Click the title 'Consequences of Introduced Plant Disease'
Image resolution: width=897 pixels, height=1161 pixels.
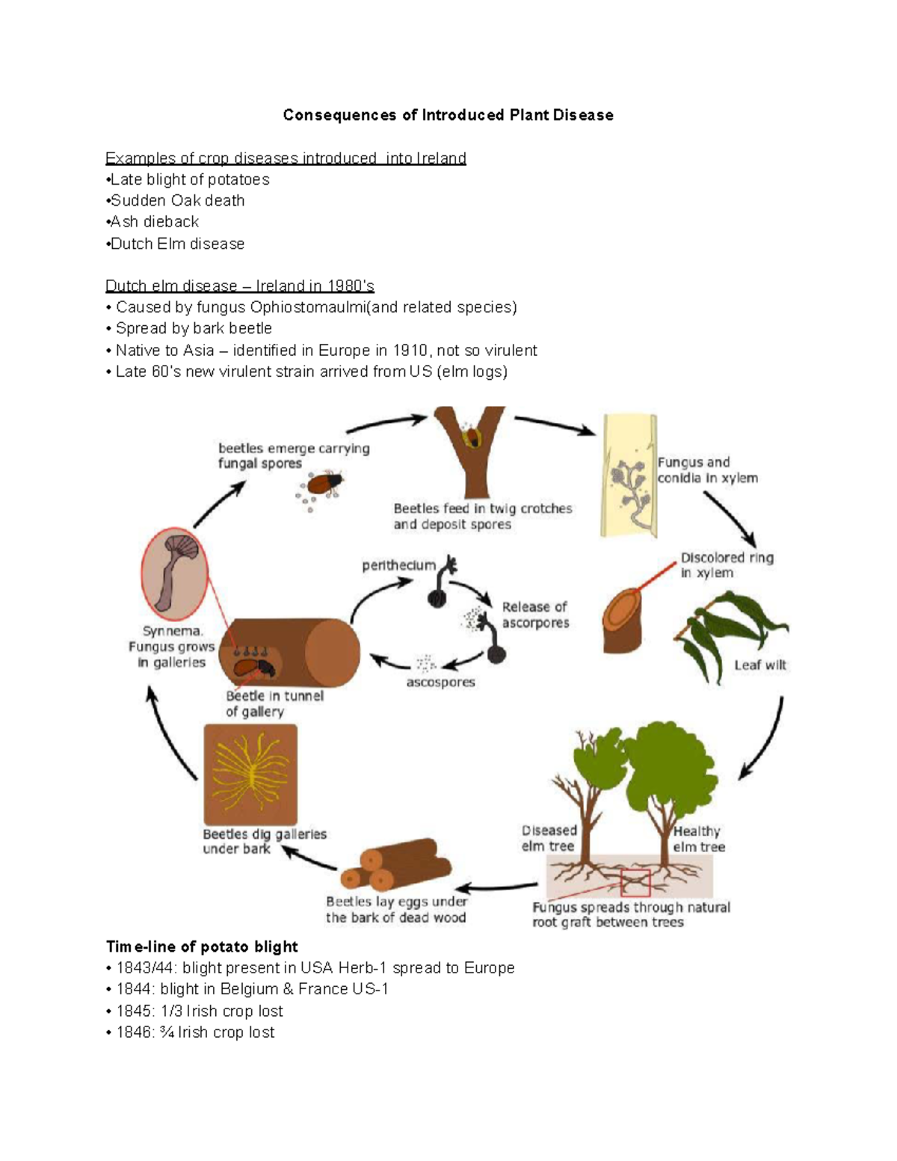(x=448, y=115)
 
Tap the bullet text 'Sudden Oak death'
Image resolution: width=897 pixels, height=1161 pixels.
(x=178, y=200)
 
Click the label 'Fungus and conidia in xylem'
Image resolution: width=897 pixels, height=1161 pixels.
(x=707, y=470)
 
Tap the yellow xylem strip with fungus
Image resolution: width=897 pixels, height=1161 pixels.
(x=629, y=476)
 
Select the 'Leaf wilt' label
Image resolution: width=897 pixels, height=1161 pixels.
(x=759, y=665)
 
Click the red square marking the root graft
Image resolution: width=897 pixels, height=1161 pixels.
(x=635, y=883)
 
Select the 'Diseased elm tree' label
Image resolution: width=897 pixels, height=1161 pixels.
(x=549, y=838)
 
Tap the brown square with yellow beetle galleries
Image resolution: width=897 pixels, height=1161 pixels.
(x=250, y=774)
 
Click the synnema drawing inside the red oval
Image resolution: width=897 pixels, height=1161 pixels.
(x=176, y=572)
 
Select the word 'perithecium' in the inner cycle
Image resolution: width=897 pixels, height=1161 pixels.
(x=398, y=565)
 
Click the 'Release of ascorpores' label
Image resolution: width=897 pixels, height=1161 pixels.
(x=534, y=615)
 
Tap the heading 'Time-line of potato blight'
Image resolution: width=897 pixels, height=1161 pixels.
(x=202, y=946)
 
